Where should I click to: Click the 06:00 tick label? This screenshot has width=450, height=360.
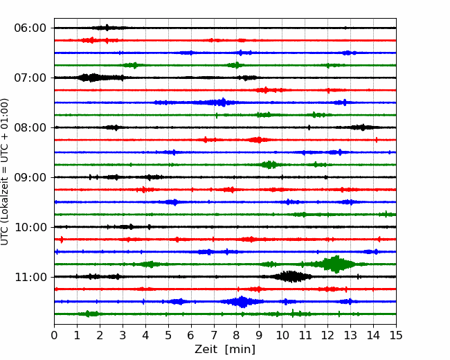[x=30, y=28]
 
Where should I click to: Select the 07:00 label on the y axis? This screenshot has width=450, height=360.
[x=30, y=78]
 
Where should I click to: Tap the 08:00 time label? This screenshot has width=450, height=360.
[x=30, y=127]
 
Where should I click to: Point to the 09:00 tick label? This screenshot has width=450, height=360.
[x=30, y=177]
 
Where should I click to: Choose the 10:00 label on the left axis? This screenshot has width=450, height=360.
[x=30, y=227]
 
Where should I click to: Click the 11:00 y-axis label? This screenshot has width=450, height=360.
[x=30, y=277]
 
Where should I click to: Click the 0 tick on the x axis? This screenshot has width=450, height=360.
[x=54, y=335]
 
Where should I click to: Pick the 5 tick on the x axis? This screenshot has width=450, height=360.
[x=168, y=335]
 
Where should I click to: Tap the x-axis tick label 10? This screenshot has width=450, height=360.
[x=282, y=335]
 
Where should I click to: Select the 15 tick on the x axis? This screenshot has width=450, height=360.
[x=396, y=335]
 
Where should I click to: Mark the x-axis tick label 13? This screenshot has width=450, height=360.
[x=350, y=335]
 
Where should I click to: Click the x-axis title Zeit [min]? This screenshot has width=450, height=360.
[x=225, y=350]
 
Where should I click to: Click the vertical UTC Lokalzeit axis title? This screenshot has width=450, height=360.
[x=5, y=172]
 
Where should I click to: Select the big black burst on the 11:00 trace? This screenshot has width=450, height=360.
[x=291, y=277]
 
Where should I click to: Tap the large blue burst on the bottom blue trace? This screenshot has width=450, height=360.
[x=242, y=302]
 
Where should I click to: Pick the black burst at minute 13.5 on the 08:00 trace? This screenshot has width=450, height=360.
[x=363, y=127]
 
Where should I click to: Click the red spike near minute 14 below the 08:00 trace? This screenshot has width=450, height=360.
[x=377, y=140]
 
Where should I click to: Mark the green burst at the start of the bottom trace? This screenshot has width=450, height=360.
[x=91, y=314]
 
